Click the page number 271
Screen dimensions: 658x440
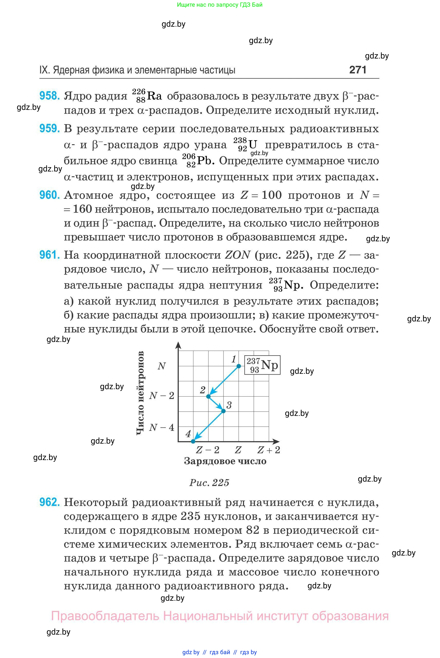[358, 70]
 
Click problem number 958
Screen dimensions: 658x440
[49, 96]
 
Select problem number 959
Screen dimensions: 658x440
[49, 128]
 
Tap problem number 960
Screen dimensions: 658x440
[49, 195]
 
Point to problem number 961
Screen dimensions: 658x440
[49, 255]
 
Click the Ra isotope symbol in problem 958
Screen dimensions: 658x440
[154, 96]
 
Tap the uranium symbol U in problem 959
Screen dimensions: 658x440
[252, 145]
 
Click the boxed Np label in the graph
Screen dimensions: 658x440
[262, 365]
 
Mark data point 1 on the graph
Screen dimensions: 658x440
[239, 366]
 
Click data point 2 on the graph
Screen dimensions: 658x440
[209, 396]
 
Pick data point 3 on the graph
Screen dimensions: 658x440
[223, 411]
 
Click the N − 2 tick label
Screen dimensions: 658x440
[162, 396]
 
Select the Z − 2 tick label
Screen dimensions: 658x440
[208, 450]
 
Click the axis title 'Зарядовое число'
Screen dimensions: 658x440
[225, 461]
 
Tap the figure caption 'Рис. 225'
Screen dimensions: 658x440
[209, 482]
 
